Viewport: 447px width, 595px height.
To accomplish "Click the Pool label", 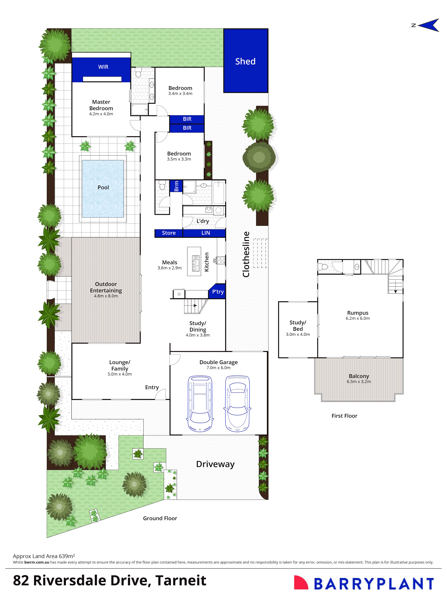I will (103, 187).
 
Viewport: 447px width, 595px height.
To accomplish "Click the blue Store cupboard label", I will (169, 233).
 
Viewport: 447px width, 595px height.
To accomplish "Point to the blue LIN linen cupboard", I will (205, 233).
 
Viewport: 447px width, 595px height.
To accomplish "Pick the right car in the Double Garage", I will (237, 403).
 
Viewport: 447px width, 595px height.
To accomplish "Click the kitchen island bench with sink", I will (194, 261).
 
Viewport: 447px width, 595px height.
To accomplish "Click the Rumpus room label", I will (358, 313).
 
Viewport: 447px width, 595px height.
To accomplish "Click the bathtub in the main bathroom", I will (219, 193).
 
